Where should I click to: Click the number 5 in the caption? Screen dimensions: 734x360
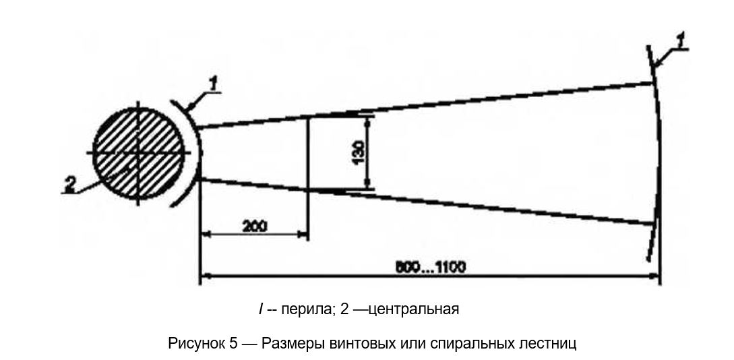pyautogui.click(x=233, y=343)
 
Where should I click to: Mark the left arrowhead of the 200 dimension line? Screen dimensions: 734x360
pyautogui.click(x=206, y=235)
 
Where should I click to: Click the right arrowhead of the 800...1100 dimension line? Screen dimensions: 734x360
pyautogui.click(x=655, y=275)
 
